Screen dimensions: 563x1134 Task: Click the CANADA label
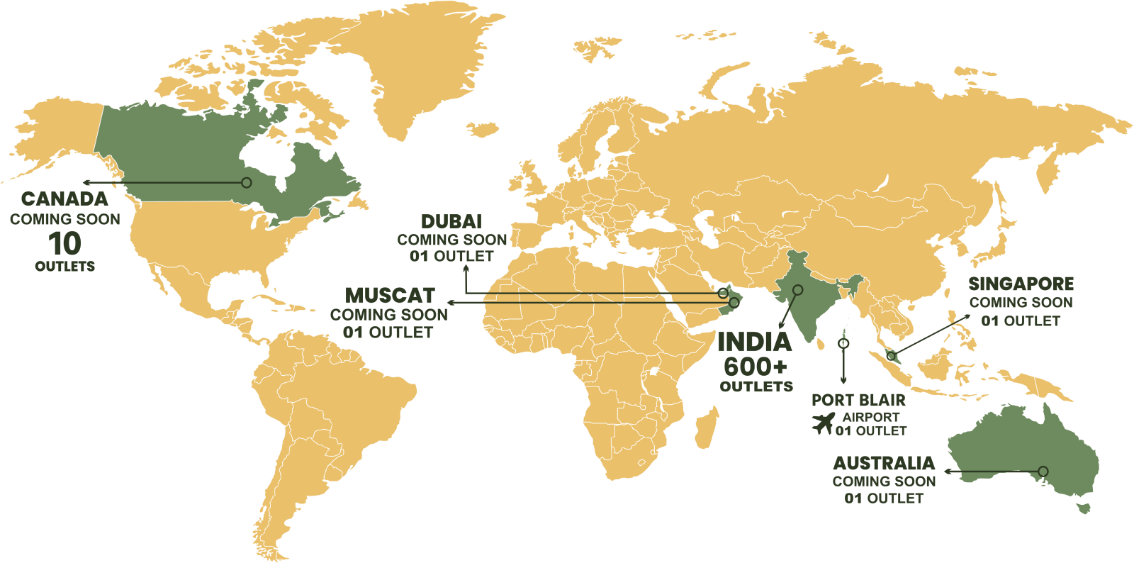pyautogui.click(x=64, y=199)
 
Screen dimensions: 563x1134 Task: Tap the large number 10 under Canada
pyautogui.click(x=64, y=243)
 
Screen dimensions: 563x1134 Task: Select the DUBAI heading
pyautogui.click(x=451, y=221)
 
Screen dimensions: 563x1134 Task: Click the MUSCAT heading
pyautogui.click(x=390, y=295)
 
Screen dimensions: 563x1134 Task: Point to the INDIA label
pyautogui.click(x=754, y=342)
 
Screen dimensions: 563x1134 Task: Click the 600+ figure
pyautogui.click(x=756, y=367)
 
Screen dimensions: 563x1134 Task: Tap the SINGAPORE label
pyautogui.click(x=1021, y=284)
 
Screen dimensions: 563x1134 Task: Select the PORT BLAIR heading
pyautogui.click(x=858, y=401)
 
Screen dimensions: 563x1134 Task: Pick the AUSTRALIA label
pyautogui.click(x=884, y=464)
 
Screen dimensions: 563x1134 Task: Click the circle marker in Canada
pyautogui.click(x=247, y=182)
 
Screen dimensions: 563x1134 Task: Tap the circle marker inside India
pyautogui.click(x=797, y=289)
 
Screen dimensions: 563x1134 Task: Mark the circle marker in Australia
pyautogui.click(x=1043, y=471)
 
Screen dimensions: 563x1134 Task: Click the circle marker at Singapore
pyautogui.click(x=891, y=355)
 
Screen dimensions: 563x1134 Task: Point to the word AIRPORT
pyautogui.click(x=870, y=417)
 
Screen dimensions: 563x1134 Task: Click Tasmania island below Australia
pyautogui.click(x=1082, y=508)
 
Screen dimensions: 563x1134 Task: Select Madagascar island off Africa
pyautogui.click(x=705, y=429)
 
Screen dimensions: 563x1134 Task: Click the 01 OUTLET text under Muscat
pyautogui.click(x=388, y=332)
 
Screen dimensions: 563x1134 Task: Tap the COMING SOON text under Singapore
pyautogui.click(x=1021, y=303)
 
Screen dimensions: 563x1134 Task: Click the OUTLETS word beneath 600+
pyautogui.click(x=756, y=386)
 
